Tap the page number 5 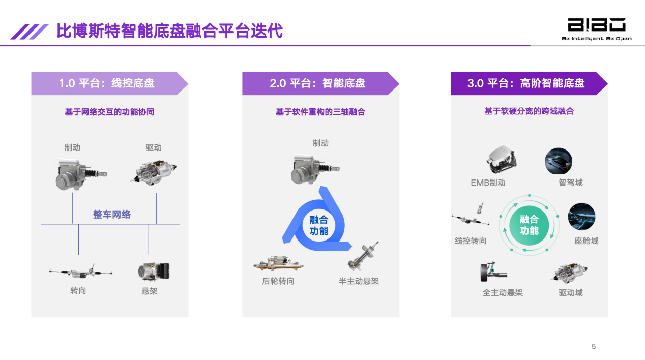(x=594, y=347)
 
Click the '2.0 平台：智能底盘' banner (x=318, y=83)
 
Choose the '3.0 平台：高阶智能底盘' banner (x=527, y=83)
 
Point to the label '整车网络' (x=111, y=215)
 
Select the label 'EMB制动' (x=488, y=183)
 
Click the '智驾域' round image (x=558, y=161)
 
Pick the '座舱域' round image (x=581, y=217)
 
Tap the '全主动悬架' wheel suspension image (x=492, y=272)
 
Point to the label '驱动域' (x=571, y=293)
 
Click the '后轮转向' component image (x=278, y=263)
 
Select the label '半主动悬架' (x=359, y=281)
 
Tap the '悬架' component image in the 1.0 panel (x=153, y=272)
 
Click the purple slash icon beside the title (x=30, y=32)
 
